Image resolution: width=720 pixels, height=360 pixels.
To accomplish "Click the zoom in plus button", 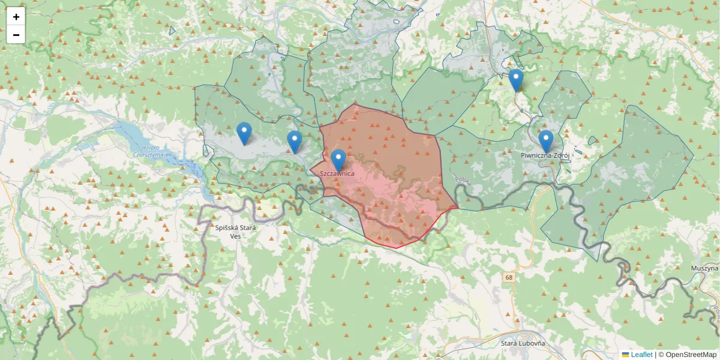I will tap(16, 17).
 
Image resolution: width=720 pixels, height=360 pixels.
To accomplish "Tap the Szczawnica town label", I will tap(337, 173).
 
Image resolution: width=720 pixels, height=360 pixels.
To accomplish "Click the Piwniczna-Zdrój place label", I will tap(545, 155).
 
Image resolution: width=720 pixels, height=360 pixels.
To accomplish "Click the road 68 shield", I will tap(509, 277).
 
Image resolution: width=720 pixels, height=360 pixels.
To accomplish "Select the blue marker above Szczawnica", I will tap(338, 160).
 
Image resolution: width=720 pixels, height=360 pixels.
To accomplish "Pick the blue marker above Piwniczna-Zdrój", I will tap(545, 141).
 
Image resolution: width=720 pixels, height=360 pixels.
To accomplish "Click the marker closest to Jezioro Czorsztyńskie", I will tap(244, 133).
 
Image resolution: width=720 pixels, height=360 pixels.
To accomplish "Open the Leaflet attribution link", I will tap(641, 355).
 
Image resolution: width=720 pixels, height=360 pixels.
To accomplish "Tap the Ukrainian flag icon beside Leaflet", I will tap(625, 355).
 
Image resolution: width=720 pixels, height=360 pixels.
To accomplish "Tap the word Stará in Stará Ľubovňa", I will tap(511, 343).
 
